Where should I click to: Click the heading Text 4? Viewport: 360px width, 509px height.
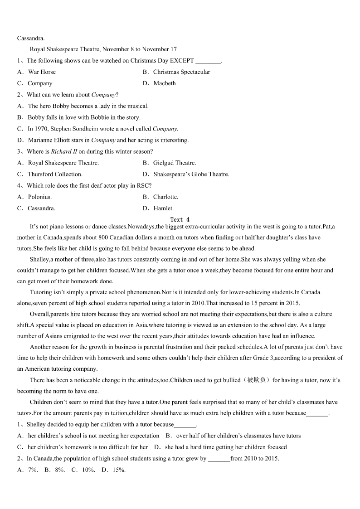(x=180, y=219)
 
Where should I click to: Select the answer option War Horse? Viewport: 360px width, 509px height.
(x=42, y=72)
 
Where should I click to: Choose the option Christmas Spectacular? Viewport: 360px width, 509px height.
(x=181, y=72)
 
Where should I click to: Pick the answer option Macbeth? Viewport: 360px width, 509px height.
(x=165, y=83)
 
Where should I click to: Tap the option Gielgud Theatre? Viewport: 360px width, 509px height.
(x=175, y=163)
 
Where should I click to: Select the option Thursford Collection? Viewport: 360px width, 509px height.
(x=55, y=174)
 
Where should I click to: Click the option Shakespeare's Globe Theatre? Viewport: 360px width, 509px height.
(x=191, y=174)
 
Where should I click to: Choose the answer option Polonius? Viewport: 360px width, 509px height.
(x=40, y=197)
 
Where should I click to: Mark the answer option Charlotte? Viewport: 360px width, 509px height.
(x=165, y=197)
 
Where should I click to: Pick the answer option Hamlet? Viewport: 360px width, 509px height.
(x=164, y=208)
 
